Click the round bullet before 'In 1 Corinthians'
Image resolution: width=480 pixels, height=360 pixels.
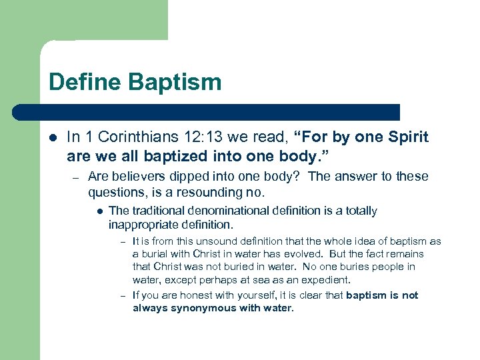click(x=53, y=138)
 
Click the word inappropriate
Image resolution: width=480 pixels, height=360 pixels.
click(x=145, y=225)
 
